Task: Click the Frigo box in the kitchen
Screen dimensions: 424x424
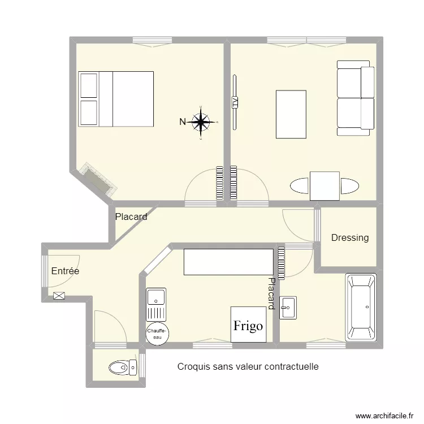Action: click(248, 325)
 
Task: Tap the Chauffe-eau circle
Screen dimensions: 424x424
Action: click(156, 333)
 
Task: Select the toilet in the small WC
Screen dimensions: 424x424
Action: click(123, 367)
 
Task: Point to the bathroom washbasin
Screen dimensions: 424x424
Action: click(288, 308)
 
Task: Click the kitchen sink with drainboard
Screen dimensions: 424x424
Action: click(156, 305)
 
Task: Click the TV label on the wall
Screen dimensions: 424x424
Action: click(235, 102)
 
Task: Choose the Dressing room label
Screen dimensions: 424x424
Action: click(350, 237)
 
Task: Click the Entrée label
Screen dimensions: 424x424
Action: click(65, 271)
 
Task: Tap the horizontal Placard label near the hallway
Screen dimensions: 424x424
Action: click(131, 217)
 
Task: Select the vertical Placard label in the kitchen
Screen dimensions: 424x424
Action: click(271, 293)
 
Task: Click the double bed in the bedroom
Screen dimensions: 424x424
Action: click(116, 99)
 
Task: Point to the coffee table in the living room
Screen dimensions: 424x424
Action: click(291, 114)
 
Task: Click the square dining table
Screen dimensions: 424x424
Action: click(325, 186)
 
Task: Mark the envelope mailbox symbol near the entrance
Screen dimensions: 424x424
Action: click(59, 296)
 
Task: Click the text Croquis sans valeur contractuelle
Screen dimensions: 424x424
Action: click(248, 366)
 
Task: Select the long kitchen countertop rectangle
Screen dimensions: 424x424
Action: click(228, 262)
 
